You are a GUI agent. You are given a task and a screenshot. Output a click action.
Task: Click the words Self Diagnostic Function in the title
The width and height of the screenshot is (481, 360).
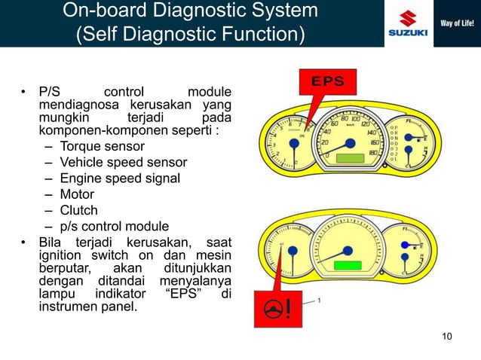[190, 35]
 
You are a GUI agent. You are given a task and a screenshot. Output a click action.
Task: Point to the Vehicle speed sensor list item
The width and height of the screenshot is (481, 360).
[123, 162]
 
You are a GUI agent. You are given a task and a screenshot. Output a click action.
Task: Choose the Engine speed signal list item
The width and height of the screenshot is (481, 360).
[120, 178]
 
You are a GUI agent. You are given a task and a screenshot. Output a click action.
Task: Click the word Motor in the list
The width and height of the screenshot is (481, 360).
[77, 194]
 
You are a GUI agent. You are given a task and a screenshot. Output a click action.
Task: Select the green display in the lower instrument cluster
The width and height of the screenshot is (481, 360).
[348, 267]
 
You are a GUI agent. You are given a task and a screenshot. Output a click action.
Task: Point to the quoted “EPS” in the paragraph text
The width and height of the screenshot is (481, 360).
[183, 293]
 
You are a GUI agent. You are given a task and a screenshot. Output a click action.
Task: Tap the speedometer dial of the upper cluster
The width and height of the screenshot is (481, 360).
[348, 139]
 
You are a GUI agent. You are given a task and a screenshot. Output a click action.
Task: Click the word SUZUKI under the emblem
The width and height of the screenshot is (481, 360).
[408, 32]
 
